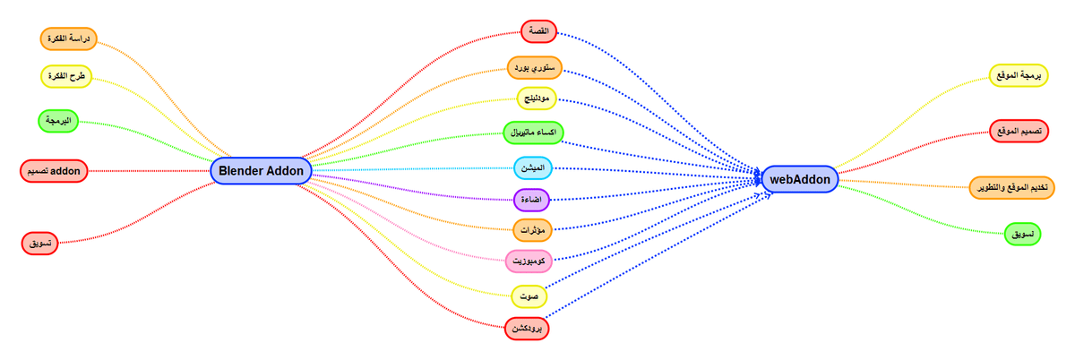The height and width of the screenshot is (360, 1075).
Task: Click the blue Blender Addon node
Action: [261, 171]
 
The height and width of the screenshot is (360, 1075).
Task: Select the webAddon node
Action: [800, 179]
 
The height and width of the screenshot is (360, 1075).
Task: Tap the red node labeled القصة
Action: [539, 31]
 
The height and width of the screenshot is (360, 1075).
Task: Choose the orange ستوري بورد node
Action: [535, 68]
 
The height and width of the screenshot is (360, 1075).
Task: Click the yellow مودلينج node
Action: [537, 99]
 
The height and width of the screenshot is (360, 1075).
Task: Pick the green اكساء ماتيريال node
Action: [533, 133]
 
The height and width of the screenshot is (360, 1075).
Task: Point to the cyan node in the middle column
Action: [533, 168]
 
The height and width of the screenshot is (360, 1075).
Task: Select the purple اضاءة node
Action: [531, 200]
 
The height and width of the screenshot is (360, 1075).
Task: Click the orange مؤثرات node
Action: [533, 230]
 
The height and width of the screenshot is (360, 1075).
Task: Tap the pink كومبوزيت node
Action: [529, 261]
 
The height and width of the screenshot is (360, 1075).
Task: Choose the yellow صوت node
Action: [529, 296]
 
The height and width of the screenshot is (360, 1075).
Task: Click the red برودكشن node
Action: [527, 329]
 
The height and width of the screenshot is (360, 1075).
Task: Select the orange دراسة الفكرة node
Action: [69, 39]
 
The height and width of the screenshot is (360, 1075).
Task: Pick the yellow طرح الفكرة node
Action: [66, 76]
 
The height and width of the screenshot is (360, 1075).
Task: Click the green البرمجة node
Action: [58, 121]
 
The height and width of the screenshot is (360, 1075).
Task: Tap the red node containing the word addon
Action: [54, 171]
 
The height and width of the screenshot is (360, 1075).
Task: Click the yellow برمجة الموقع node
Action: [1019, 76]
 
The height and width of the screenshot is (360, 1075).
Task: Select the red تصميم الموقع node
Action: [1019, 131]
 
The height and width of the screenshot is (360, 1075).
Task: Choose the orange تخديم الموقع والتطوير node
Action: [1011, 188]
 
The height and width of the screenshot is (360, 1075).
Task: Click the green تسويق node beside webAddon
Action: [1023, 235]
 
